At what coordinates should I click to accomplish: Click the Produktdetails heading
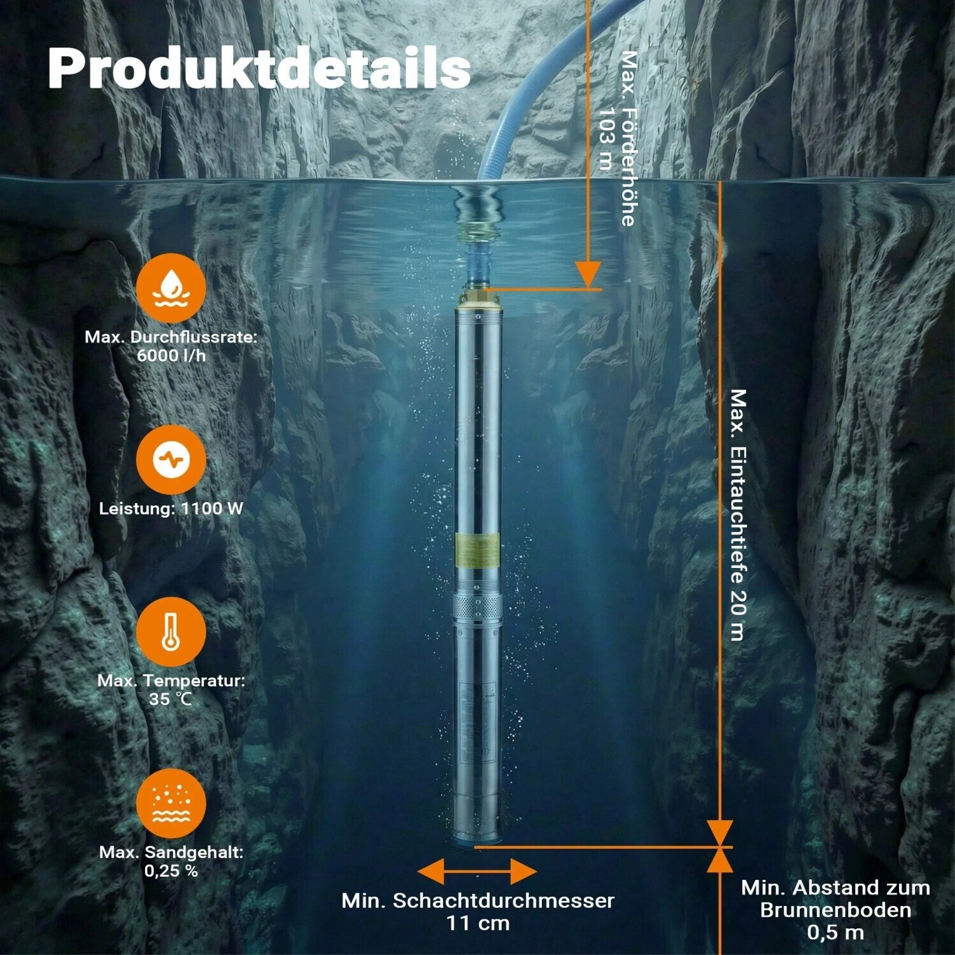(259, 68)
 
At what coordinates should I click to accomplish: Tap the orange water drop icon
(171, 288)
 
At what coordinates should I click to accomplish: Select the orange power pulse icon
(171, 460)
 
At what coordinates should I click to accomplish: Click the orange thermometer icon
(171, 632)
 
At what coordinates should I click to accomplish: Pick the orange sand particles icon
(171, 803)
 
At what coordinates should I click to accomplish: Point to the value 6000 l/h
(171, 355)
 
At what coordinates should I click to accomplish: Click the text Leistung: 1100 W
(171, 508)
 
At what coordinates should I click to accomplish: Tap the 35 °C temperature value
(171, 698)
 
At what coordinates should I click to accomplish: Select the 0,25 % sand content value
(171, 870)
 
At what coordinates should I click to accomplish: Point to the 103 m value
(606, 139)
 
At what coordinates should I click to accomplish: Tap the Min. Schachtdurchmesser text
(478, 900)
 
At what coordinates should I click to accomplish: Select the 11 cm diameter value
(478, 923)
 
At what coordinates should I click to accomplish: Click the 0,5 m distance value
(835, 932)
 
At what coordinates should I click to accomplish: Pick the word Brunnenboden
(835, 910)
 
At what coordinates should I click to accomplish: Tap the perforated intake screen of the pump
(478, 609)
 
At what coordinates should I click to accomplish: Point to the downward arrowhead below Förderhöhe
(588, 274)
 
